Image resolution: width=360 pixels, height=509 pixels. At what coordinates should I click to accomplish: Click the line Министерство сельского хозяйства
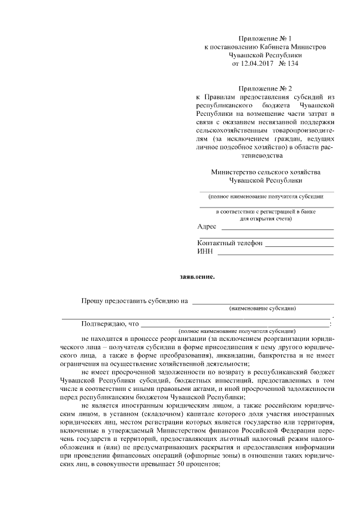pyautogui.click(x=265, y=172)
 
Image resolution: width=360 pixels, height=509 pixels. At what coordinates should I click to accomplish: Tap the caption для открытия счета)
pyautogui.click(x=266, y=218)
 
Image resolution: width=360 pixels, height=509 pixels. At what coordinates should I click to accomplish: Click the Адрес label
pyautogui.click(x=207, y=227)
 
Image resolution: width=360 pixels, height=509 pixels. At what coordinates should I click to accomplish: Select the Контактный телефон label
pyautogui.click(x=230, y=244)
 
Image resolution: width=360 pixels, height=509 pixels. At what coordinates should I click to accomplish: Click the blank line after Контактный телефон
pyautogui.click(x=299, y=245)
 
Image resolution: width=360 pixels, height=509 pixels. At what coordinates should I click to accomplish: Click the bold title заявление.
pyautogui.click(x=196, y=277)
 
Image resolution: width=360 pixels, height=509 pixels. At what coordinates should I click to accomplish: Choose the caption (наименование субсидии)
pyautogui.click(x=263, y=309)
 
